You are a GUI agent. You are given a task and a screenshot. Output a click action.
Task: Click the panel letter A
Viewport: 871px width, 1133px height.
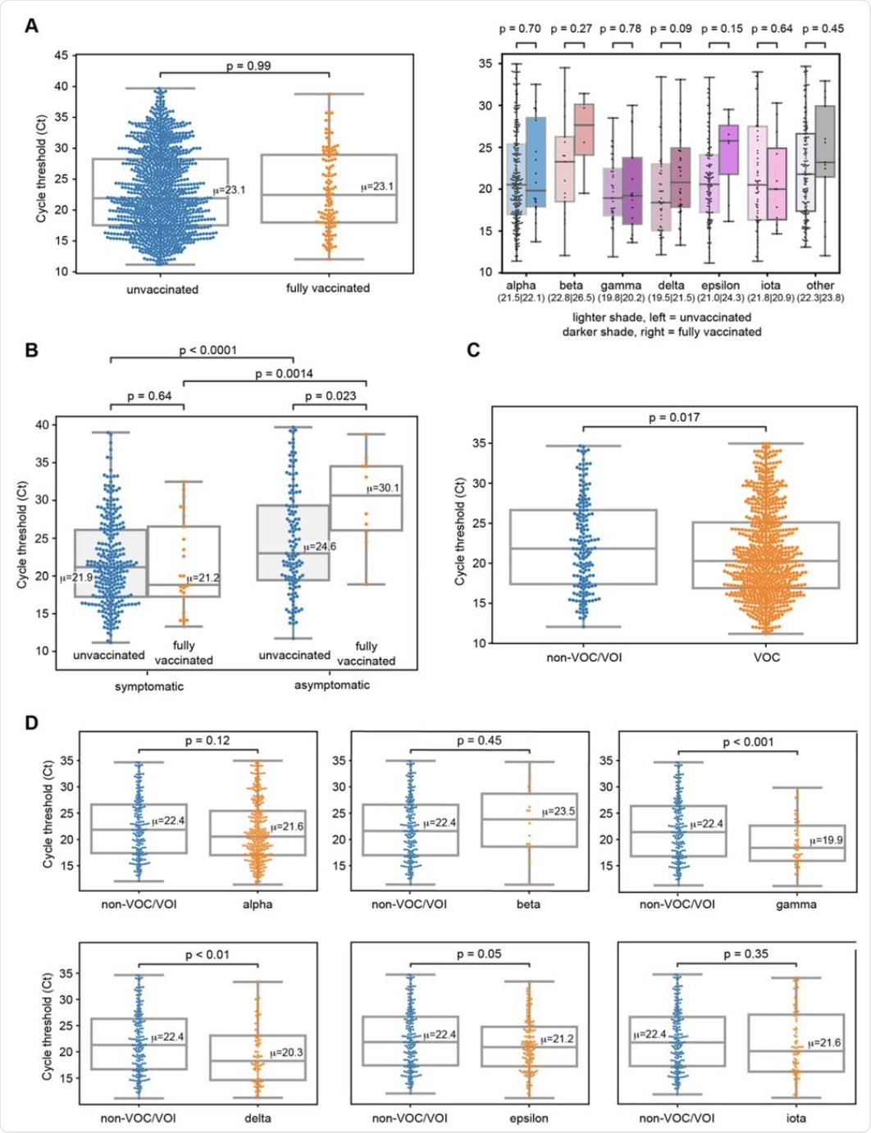point(31,25)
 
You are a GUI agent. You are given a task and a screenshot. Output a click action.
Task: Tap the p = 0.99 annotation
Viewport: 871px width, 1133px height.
point(249,66)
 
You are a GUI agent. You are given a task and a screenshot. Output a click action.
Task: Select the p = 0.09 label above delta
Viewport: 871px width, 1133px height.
point(672,29)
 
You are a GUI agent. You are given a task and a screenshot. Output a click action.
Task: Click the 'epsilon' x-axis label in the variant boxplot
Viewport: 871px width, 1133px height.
point(721,285)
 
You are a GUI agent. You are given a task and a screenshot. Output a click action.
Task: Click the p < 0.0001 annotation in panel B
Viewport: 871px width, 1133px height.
point(208,350)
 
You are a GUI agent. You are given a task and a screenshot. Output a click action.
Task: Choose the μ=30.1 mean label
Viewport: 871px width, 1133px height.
point(384,488)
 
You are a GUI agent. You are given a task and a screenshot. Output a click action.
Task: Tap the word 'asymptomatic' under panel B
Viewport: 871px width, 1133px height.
point(331,685)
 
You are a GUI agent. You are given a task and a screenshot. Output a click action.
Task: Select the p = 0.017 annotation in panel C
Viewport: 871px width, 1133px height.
point(673,417)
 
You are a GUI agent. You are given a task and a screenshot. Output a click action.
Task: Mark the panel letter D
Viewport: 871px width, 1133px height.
point(31,723)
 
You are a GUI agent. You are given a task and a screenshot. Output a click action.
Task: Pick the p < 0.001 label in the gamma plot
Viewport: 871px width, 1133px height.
point(747,742)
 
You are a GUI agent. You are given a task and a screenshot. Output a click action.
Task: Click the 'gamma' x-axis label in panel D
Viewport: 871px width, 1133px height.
point(796,904)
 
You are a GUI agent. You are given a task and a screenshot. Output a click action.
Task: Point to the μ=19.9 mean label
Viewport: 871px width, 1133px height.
point(826,840)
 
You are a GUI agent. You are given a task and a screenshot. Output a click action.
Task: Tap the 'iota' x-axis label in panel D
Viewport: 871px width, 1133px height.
point(796,1117)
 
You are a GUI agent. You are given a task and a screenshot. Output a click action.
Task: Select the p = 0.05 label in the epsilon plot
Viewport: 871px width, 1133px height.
point(479,953)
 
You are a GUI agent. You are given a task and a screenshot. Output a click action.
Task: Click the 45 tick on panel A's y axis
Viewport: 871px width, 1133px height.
point(61,55)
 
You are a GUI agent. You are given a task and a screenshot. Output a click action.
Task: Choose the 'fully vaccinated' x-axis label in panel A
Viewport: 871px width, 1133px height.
point(327,288)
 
